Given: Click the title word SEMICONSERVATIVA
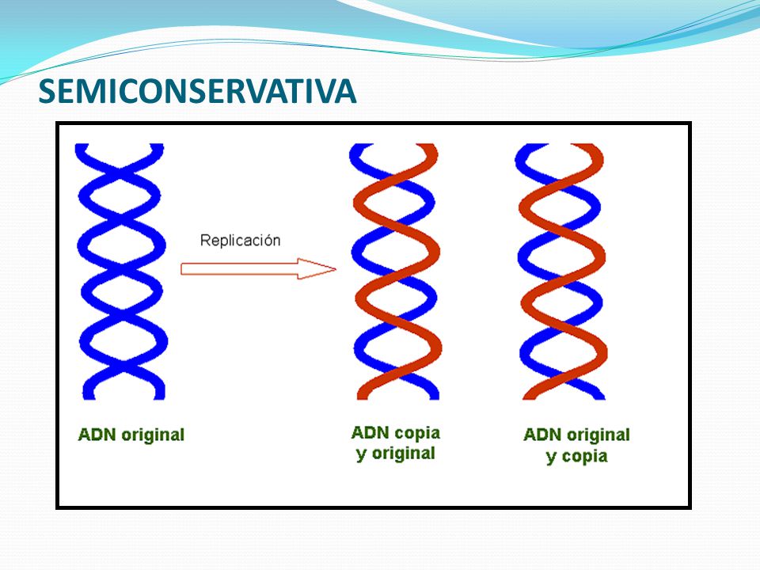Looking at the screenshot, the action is (x=197, y=91).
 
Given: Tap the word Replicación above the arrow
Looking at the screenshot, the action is (x=241, y=240).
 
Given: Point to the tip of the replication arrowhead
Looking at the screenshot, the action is (x=336, y=269).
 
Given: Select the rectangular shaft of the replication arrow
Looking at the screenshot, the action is (x=239, y=269).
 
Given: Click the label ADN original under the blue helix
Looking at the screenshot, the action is (x=131, y=435).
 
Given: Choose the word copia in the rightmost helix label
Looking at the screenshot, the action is (x=584, y=456).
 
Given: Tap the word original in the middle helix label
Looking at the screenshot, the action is (x=403, y=454).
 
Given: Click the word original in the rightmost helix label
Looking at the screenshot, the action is (x=598, y=435).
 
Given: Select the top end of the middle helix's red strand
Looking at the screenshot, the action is (x=427, y=146).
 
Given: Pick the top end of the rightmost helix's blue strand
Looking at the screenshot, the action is (x=526, y=146).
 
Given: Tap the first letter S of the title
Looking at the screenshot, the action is (x=47, y=91).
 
